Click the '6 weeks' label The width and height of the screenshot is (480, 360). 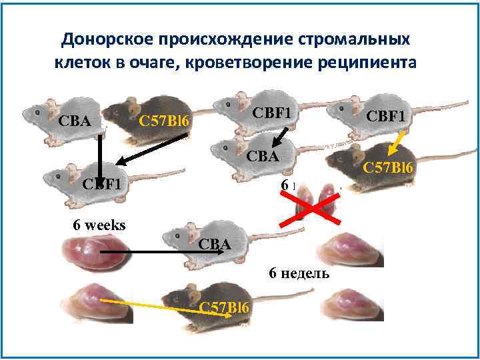[99, 225]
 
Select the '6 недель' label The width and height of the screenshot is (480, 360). [299, 273]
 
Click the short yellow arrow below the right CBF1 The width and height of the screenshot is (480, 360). [397, 143]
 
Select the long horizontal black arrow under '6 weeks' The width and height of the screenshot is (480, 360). [147, 252]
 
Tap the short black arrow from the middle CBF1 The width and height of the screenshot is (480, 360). [281, 138]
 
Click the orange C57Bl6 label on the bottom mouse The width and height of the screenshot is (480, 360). [227, 307]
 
